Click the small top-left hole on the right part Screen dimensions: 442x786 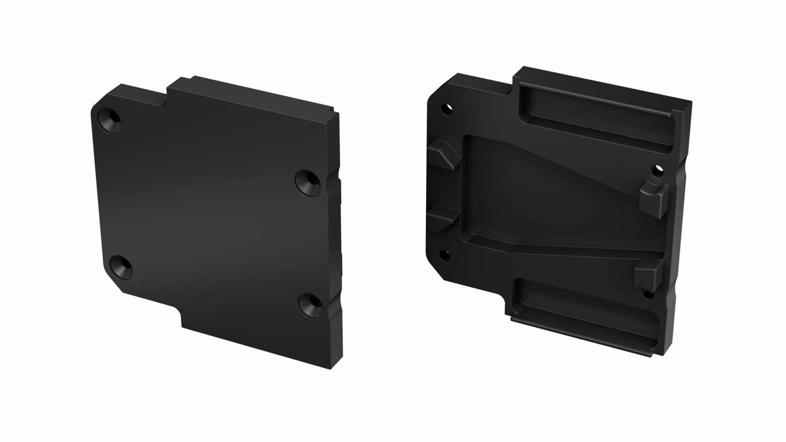click(x=446, y=109)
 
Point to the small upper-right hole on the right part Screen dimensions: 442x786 click(x=657, y=170)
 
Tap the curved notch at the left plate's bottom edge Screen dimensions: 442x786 click(x=179, y=315)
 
